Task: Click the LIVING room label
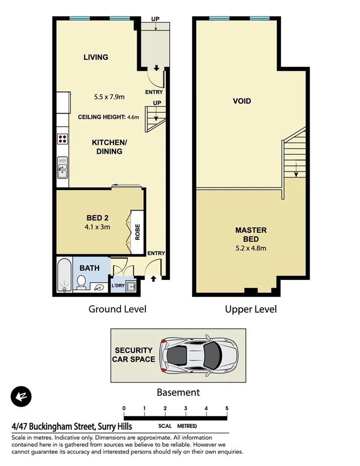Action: point(96,57)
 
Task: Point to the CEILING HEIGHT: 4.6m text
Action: point(108,117)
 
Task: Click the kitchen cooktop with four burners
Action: point(63,139)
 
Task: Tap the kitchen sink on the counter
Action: point(63,168)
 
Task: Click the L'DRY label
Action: point(118,286)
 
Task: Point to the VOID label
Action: point(241,101)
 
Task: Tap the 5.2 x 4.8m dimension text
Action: point(251,248)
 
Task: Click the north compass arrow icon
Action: point(21,397)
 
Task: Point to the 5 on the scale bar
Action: point(227,408)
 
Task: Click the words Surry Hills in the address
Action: point(114,427)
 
